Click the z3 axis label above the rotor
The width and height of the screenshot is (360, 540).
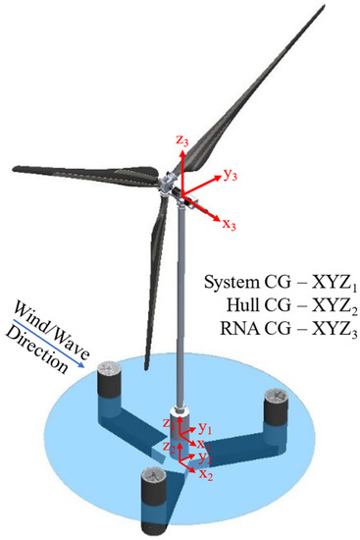click(x=183, y=141)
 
